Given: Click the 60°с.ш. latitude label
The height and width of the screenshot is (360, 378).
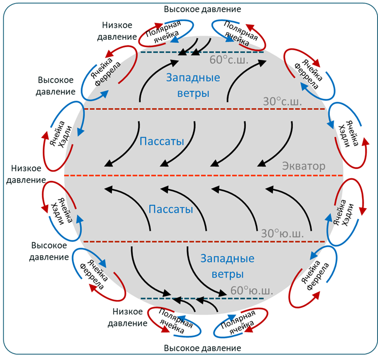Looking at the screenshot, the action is (229, 60).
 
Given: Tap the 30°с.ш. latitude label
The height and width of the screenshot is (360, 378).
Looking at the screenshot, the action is (282, 101).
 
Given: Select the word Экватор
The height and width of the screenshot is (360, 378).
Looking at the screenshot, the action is (304, 166).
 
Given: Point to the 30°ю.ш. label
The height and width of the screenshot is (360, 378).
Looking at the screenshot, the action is (282, 234).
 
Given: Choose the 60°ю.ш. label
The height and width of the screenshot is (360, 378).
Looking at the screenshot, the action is (252, 290).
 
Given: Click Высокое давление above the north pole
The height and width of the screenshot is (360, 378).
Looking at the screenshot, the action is (203, 9).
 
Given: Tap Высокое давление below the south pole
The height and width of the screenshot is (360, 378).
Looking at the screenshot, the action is (203, 348).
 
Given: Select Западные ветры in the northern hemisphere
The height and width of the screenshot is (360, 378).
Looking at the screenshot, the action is (193, 85).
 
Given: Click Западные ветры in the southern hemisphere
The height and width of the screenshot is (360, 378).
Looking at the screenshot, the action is (227, 266).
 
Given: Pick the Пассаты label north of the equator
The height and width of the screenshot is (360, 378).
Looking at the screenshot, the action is (162, 141).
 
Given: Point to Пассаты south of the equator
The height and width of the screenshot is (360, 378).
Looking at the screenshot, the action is (171, 209).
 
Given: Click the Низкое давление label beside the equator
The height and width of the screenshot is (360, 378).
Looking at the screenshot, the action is (26, 174).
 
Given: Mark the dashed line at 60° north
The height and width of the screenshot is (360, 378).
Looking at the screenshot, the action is (202, 52).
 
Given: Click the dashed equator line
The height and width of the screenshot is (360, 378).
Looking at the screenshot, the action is (204, 175).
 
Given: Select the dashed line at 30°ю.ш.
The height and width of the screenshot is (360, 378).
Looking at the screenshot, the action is (204, 241).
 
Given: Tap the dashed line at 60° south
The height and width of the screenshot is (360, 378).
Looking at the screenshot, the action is (202, 298).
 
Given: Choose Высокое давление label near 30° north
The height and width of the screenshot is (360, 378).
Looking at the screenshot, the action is (55, 86).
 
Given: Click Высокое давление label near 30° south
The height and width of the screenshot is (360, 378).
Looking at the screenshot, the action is (49, 251).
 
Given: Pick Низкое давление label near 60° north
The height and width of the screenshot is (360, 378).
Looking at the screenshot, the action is (117, 31).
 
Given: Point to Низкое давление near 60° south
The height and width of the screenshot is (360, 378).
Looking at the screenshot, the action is (127, 317).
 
